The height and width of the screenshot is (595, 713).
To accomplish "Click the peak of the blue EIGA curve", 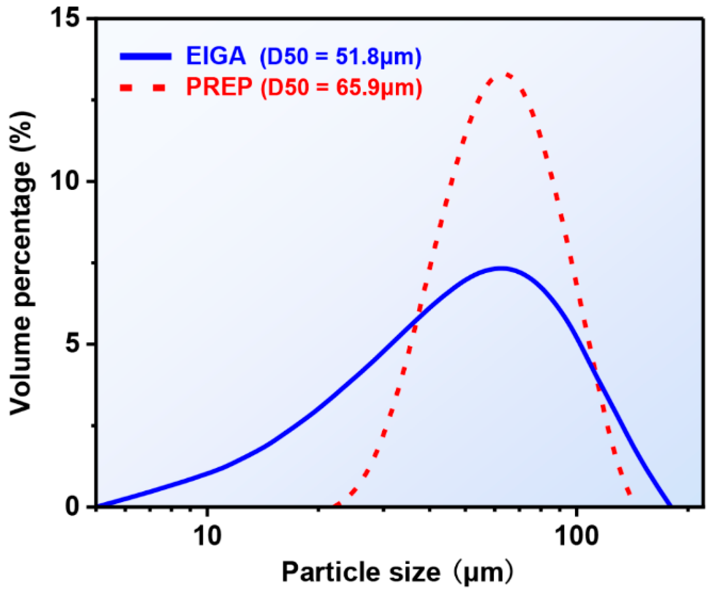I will point(501,268).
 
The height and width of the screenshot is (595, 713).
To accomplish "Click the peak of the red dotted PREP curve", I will point(507,74).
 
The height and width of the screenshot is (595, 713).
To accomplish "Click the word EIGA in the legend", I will point(216,56).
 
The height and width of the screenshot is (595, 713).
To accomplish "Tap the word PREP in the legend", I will point(219,87).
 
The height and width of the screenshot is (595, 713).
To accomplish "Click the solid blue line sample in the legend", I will point(145,56).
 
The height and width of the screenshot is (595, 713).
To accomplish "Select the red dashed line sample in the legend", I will point(143,87).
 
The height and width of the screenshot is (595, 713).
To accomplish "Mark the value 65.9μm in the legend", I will point(376,88).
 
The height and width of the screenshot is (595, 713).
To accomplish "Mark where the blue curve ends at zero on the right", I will point(669,506).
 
